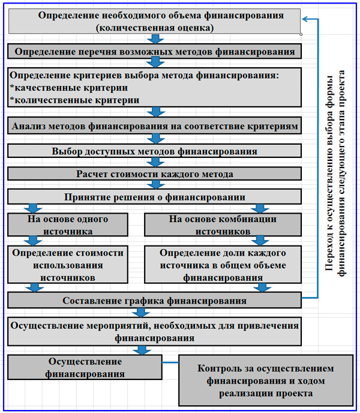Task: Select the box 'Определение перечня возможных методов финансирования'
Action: [x=154, y=52]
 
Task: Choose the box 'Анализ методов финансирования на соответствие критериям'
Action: [x=154, y=126]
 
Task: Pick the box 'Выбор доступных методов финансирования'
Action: [x=154, y=151]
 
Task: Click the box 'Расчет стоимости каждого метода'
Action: [x=154, y=174]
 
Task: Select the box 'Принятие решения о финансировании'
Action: [x=154, y=197]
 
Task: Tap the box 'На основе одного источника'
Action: [x=68, y=224]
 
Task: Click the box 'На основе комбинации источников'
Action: [x=223, y=224]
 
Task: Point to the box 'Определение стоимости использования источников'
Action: [x=68, y=264]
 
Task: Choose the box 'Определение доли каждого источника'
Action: [x=223, y=264]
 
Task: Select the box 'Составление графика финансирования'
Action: [x=154, y=300]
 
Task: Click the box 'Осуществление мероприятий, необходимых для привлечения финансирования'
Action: [x=154, y=330]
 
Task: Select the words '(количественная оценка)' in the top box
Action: [x=154, y=27]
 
